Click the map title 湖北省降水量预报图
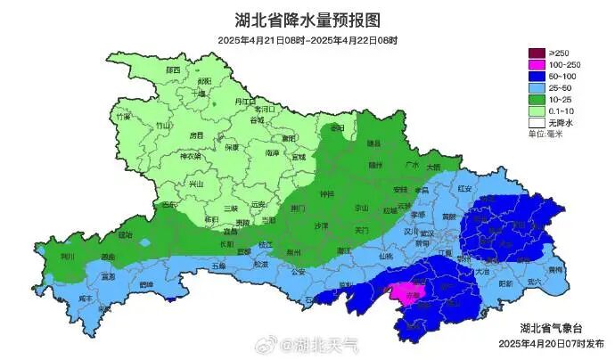pos(307,20)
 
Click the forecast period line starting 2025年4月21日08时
pos(307,41)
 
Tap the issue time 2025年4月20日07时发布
pos(550,343)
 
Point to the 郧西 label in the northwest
pos(172,70)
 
